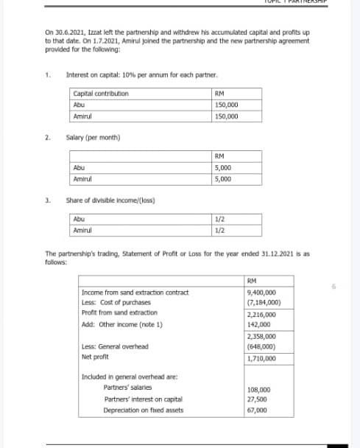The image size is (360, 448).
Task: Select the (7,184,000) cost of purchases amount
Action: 264,303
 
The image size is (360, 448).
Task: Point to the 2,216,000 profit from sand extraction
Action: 263,314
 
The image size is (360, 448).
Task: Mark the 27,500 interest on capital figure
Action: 258,399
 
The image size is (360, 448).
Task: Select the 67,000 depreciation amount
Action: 258,410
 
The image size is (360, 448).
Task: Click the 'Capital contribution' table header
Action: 101,94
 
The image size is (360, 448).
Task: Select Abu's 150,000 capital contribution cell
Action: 225,105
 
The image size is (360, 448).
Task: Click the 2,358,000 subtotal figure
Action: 263,336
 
